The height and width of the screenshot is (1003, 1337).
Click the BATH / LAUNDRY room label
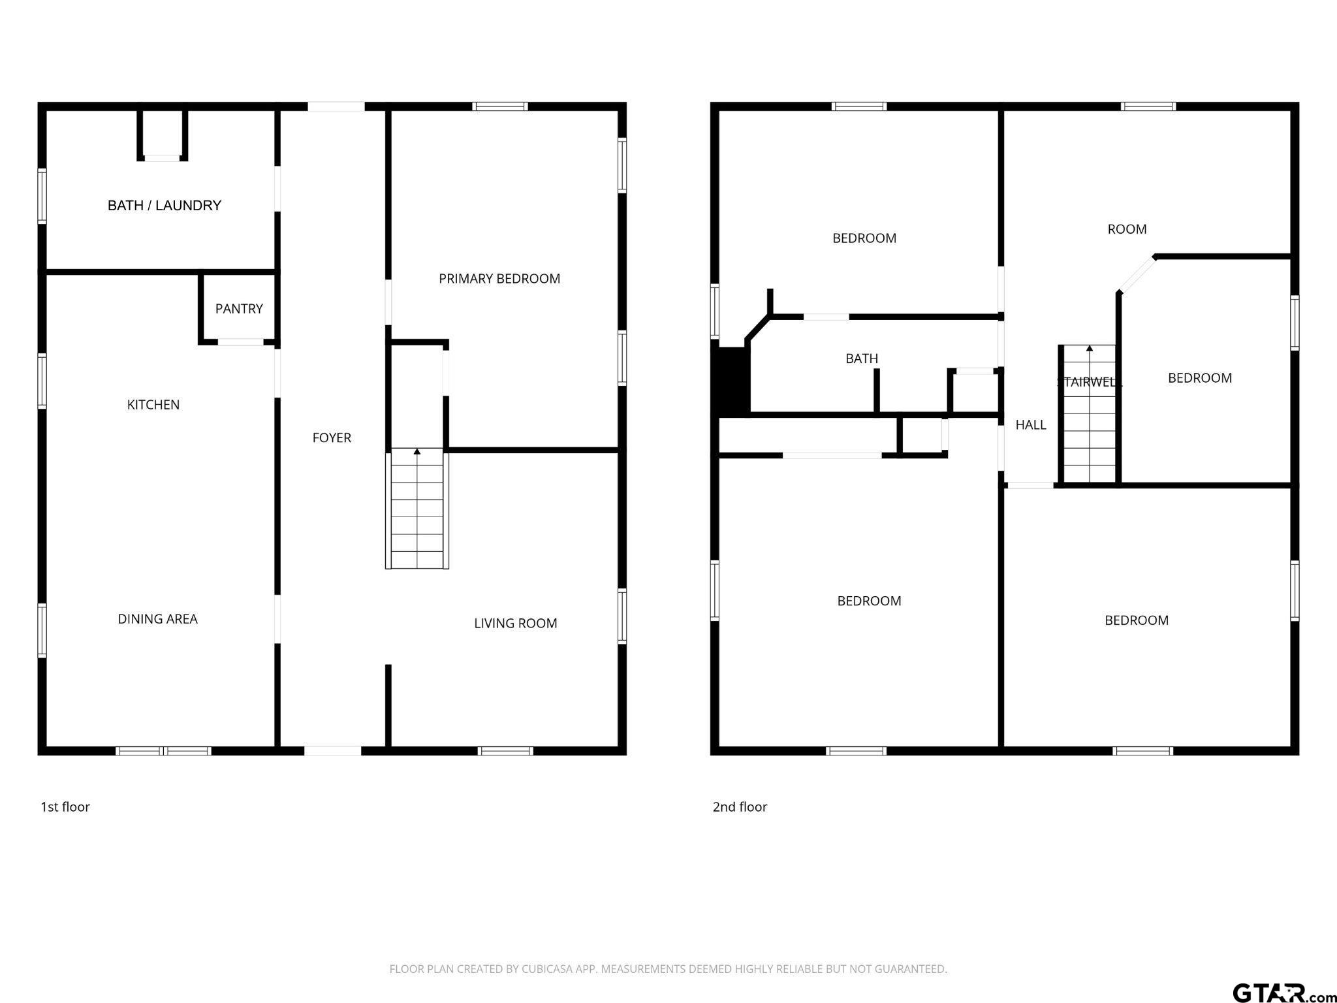coord(165,206)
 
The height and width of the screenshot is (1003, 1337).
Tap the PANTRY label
coord(239,309)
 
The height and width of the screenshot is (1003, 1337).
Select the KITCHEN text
coord(153,405)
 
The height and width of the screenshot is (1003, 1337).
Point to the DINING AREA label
coord(157,619)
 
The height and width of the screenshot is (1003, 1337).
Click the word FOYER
coord(332,438)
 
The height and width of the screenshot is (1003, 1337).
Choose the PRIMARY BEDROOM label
coord(499,279)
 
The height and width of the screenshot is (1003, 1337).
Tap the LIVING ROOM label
coord(515,624)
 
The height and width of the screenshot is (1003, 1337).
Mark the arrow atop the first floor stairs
coord(417,451)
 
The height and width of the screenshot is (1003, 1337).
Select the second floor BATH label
coord(862,358)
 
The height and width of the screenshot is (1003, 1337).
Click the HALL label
coord(1031,425)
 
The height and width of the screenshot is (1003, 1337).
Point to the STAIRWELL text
coord(1089,383)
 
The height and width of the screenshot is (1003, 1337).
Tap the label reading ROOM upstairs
coord(1127,229)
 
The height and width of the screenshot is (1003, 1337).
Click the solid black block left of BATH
coord(733,381)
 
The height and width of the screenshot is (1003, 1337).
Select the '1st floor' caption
coord(65,807)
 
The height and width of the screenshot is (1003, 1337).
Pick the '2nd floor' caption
coord(740,807)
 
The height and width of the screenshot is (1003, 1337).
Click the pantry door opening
coord(240,342)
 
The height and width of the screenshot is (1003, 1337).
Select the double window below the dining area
coord(164,751)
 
